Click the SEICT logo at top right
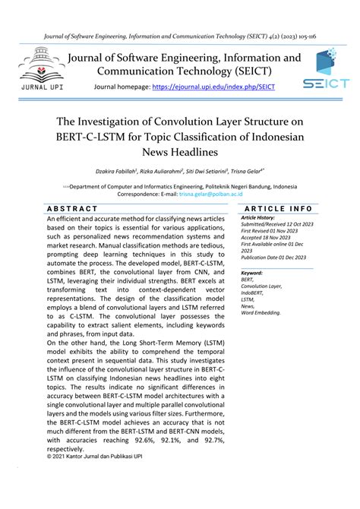[325, 68]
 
